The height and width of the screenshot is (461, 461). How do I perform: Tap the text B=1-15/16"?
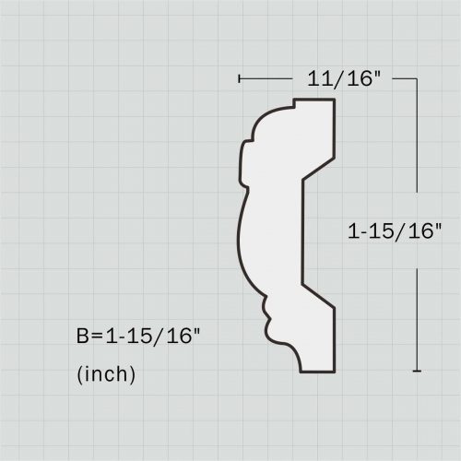point(137,337)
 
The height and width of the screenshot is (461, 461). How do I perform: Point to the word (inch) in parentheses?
point(106,375)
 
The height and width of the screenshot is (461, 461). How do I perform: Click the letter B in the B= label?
point(82,337)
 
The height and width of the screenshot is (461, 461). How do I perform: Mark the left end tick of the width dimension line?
point(239,79)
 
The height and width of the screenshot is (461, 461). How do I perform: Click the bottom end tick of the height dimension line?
point(418,371)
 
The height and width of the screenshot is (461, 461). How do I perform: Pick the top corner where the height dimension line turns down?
point(418,79)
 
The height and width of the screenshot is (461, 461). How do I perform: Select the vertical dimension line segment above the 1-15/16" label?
point(418,148)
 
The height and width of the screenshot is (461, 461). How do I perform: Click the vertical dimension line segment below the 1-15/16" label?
point(418,313)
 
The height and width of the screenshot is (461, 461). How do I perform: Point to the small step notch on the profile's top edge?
point(294,103)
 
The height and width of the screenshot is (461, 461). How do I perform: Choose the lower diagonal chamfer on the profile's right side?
point(318,296)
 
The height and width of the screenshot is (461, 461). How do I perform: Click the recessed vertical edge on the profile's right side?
point(302,230)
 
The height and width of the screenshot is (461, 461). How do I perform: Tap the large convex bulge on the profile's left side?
point(242,235)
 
